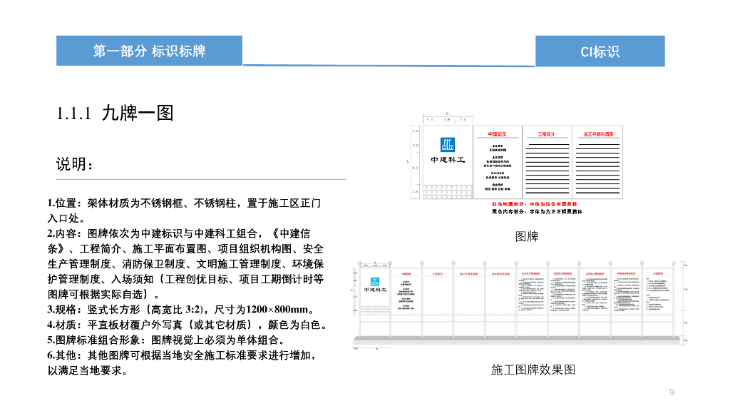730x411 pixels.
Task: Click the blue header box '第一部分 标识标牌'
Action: (x=149, y=51)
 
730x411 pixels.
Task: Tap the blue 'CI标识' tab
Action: (x=600, y=51)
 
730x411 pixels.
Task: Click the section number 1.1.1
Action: (x=74, y=113)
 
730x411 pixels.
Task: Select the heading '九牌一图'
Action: (x=138, y=113)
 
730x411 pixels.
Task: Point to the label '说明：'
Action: (x=75, y=164)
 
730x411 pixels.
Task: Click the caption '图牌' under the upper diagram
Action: (x=526, y=236)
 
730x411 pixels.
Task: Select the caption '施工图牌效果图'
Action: (x=533, y=370)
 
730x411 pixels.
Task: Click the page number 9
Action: (x=672, y=392)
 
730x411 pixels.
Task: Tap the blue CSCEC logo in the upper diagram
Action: (x=448, y=144)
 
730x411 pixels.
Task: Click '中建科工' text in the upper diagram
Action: (x=448, y=160)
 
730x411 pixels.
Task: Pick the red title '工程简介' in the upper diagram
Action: (x=546, y=133)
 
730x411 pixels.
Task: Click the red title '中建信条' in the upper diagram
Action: (x=497, y=133)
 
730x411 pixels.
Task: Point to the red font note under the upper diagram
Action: (x=536, y=204)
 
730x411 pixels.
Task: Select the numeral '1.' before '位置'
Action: (x=51, y=203)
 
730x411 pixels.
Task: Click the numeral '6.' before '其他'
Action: (x=51, y=355)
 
